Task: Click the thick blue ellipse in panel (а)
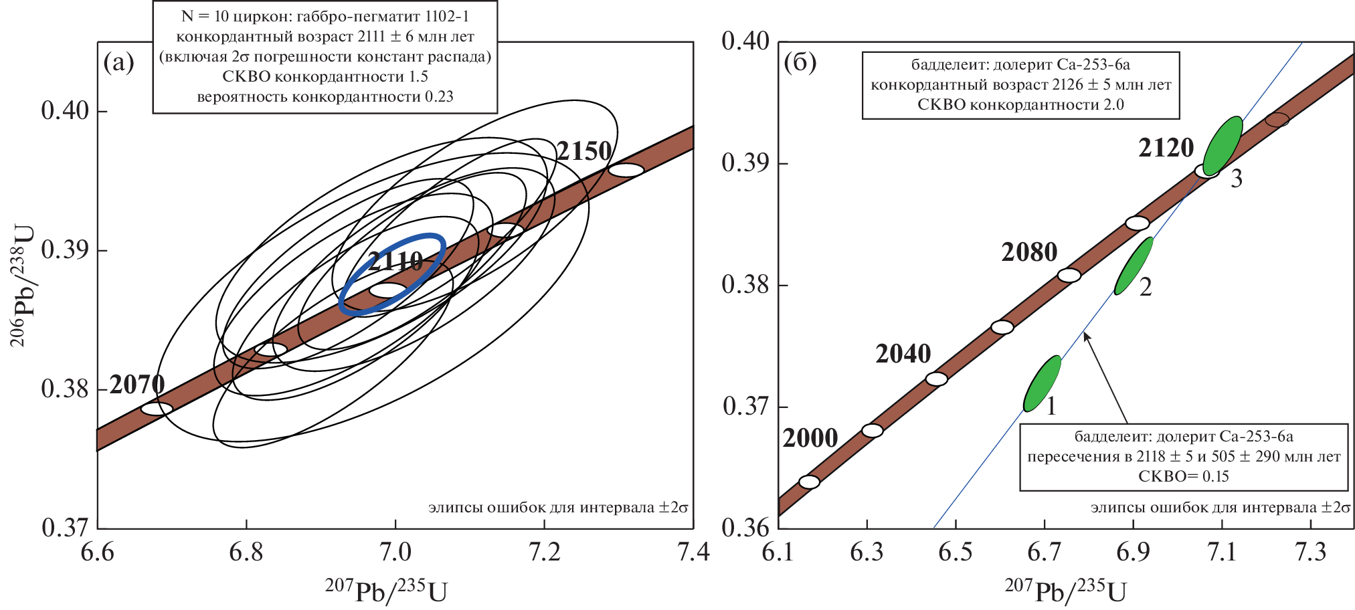392,274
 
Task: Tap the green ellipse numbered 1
1043,384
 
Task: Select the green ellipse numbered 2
1134,266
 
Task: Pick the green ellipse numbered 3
1223,146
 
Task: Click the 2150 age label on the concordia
584,152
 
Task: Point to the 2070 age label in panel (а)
137,385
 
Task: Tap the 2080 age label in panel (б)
1029,252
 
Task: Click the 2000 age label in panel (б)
810,438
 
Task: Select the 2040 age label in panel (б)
903,354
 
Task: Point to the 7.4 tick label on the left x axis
693,553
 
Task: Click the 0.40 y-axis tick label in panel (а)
65,110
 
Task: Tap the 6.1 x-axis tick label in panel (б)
778,553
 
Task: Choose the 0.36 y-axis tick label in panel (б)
745,528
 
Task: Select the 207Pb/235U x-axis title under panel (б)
1065,591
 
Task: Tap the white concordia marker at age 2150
626,170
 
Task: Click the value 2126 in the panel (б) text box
1067,85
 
